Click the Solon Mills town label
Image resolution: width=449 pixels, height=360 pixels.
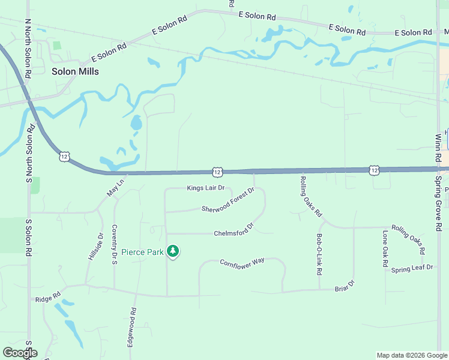pos(75,71)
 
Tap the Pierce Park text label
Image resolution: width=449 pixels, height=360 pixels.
pos(142,252)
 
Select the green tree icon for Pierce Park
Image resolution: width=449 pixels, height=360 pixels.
pos(173,251)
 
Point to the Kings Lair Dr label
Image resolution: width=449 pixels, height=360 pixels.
pos(205,188)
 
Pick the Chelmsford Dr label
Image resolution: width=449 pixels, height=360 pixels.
pos(234,230)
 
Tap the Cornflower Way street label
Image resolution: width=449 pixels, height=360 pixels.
pos(242,262)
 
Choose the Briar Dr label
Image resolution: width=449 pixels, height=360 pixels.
pos(345,286)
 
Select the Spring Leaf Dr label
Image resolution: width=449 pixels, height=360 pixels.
pos(412,268)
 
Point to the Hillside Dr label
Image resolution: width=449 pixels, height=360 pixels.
pos(95,247)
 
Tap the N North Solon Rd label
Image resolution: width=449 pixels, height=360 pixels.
pos(28,49)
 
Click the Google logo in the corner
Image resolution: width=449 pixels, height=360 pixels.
pos(20,353)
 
